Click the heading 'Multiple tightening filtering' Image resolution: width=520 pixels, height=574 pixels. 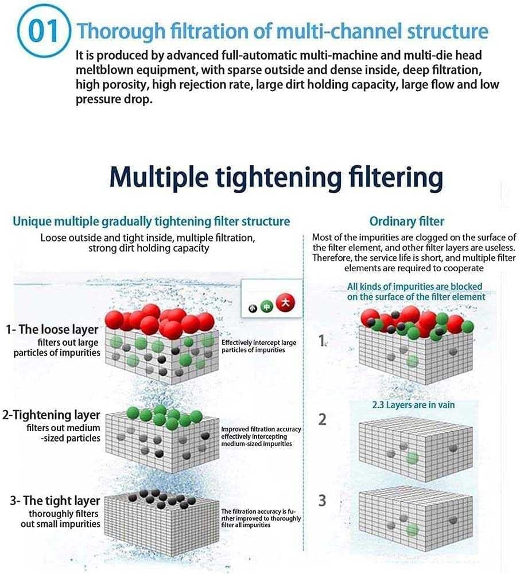coord(276,177)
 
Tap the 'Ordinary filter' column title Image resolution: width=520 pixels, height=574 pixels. coord(407,221)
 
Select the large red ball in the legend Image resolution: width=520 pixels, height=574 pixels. coord(285,303)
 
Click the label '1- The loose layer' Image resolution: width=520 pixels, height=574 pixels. coord(52,330)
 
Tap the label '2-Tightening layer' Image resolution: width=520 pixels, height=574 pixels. coord(51,415)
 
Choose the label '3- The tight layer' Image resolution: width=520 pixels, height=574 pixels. coord(55,501)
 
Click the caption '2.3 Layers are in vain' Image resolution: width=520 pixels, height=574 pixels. coord(413,405)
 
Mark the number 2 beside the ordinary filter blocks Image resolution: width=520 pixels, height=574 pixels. coord(322,420)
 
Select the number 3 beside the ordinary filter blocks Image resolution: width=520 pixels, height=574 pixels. coord(322,501)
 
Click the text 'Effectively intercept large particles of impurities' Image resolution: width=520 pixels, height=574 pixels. coord(259,346)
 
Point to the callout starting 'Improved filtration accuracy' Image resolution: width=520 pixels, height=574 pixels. coord(261,436)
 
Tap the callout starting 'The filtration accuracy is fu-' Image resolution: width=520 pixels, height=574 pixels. coord(261,518)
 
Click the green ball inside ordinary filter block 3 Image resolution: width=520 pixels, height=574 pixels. coord(412,530)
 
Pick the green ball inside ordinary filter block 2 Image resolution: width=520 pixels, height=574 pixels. coord(412,458)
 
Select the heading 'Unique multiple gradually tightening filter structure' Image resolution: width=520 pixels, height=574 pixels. coord(152,221)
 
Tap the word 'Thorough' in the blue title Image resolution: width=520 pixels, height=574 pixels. coord(121,31)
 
